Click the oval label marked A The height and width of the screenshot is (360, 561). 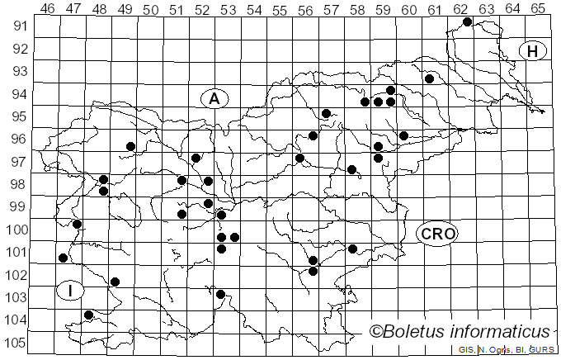coord(214,99)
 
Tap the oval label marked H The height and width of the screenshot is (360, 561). coord(533,51)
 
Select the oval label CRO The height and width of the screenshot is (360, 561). coord(436,234)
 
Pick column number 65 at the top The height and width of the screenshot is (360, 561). coord(538,9)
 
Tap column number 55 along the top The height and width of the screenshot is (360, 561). coord(280,9)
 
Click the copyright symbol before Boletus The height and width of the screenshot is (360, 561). coord(376,332)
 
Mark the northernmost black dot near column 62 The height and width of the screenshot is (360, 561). coord(467,21)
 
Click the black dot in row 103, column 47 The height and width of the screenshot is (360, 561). coord(88,315)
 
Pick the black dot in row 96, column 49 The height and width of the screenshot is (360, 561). coord(130,146)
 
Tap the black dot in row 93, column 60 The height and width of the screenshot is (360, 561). coord(429,78)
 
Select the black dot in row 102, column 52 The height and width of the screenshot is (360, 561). coord(220,294)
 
